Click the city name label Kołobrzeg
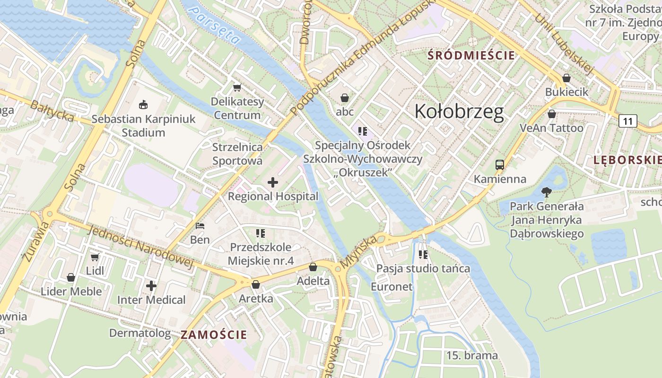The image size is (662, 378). click(x=459, y=112)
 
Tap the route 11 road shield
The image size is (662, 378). click(x=627, y=121)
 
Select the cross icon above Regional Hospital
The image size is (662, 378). click(x=273, y=182)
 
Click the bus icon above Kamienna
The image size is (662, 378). click(x=500, y=165)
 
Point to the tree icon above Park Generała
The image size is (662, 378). click(x=547, y=192)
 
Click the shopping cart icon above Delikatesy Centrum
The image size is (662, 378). click(x=237, y=87)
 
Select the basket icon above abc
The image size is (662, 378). click(x=345, y=98)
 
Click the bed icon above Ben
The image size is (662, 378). click(x=200, y=226)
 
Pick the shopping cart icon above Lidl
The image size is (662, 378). click(x=95, y=257)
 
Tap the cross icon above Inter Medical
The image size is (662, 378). click(x=151, y=286)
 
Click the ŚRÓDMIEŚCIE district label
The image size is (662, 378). click(x=471, y=55)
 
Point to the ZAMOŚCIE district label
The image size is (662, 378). click(x=214, y=335)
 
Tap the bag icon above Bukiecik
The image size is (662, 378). click(x=566, y=78)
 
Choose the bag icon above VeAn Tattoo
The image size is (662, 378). click(x=551, y=114)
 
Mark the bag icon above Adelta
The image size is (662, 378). click(x=313, y=267)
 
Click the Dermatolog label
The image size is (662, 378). click(x=140, y=333)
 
